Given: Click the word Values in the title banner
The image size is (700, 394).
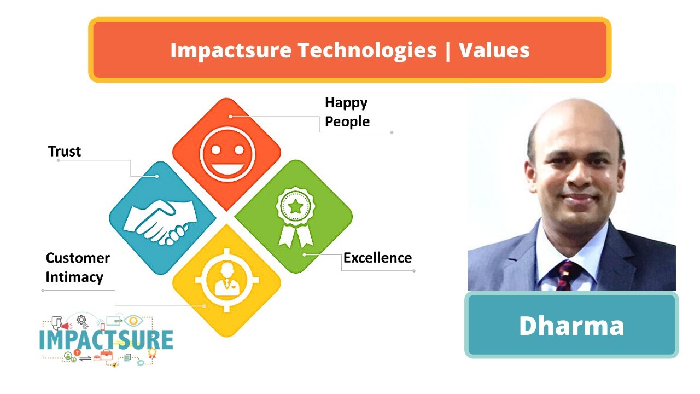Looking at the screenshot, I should point(494,50).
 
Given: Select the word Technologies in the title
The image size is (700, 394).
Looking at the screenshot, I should point(367,50).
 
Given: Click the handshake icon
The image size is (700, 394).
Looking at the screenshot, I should point(160,219).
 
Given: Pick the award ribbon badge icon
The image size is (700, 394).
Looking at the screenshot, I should point(295,216).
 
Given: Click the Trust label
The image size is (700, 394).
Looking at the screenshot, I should point(65,152).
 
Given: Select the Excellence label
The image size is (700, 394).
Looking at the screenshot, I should point(377,258).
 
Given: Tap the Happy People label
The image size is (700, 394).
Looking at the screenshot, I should point(347,112).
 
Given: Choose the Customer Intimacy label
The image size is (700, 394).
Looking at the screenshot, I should point(77,268).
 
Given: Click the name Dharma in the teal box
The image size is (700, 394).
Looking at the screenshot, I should point(571,326).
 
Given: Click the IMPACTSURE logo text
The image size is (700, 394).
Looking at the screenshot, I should point(107,339).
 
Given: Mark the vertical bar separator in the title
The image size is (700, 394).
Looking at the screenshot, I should point(448,50).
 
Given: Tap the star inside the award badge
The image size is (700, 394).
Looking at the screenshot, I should point(295,207).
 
